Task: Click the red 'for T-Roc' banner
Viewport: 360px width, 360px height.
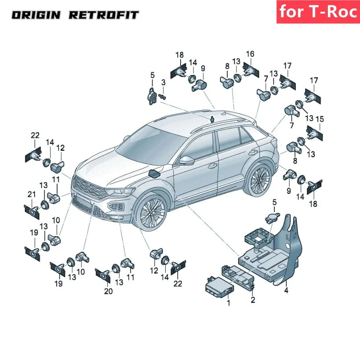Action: pos(317,12)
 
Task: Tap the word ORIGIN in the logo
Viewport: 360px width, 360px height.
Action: pos(36,16)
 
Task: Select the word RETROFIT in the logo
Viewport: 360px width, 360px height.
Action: pos(103,16)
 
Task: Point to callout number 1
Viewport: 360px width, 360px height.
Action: pos(228,303)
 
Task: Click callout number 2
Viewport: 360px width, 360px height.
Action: pos(253,299)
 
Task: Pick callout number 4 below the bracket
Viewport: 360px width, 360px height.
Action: pos(286,290)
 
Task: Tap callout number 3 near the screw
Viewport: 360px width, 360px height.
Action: pos(163,82)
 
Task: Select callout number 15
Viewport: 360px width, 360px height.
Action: pos(320,119)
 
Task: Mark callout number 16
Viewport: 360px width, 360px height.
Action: pos(250,54)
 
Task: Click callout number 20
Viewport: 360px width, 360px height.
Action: pos(108,292)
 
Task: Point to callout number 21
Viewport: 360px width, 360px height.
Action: pos(32,195)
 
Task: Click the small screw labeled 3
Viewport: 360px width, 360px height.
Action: pos(163,97)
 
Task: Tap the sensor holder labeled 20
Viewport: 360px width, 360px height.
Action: pos(103,275)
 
